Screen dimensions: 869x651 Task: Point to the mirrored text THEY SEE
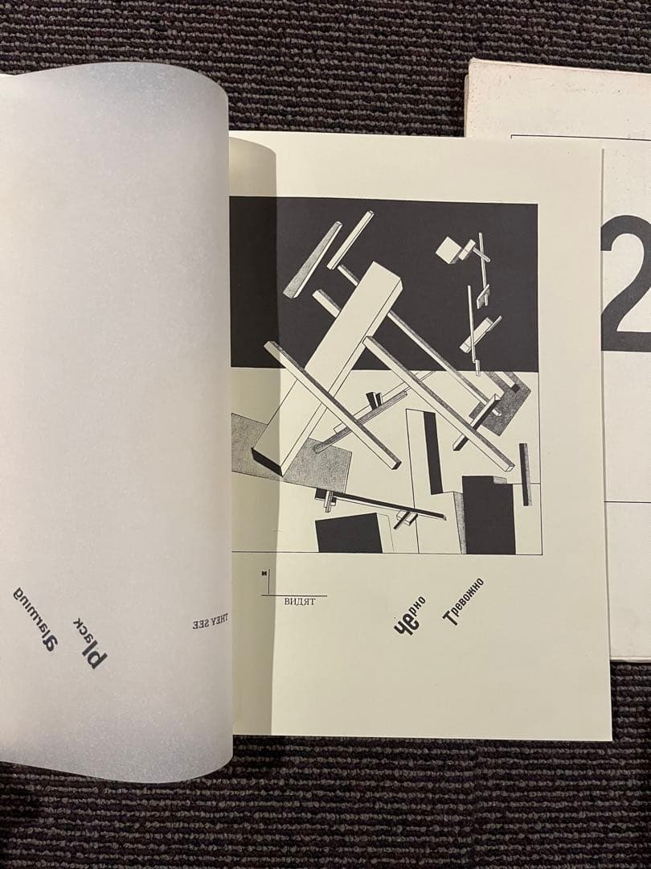[210, 622]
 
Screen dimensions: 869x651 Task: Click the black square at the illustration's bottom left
[349, 535]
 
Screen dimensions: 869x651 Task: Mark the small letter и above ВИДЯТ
[263, 574]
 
